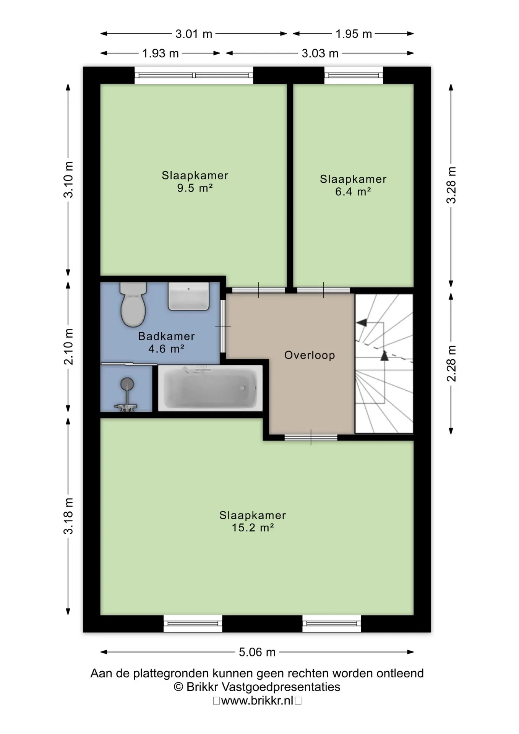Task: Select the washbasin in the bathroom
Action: point(188,296)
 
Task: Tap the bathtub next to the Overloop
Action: point(210,388)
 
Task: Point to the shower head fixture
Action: point(127,394)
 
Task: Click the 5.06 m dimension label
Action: point(257,652)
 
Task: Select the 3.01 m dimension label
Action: point(194,34)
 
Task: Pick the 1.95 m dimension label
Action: point(354,34)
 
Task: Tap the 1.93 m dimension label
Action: point(161,53)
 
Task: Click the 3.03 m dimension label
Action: point(320,53)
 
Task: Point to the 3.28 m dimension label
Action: point(451,185)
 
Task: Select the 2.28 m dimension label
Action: point(451,363)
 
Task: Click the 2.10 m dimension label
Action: point(68,347)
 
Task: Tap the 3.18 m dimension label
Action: point(68,516)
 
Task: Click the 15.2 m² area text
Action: point(253,528)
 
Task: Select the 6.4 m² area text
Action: point(353,192)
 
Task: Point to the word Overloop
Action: point(310,355)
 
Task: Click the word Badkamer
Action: point(166,336)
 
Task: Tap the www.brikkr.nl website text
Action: point(257,701)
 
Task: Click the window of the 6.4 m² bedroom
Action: point(354,75)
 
